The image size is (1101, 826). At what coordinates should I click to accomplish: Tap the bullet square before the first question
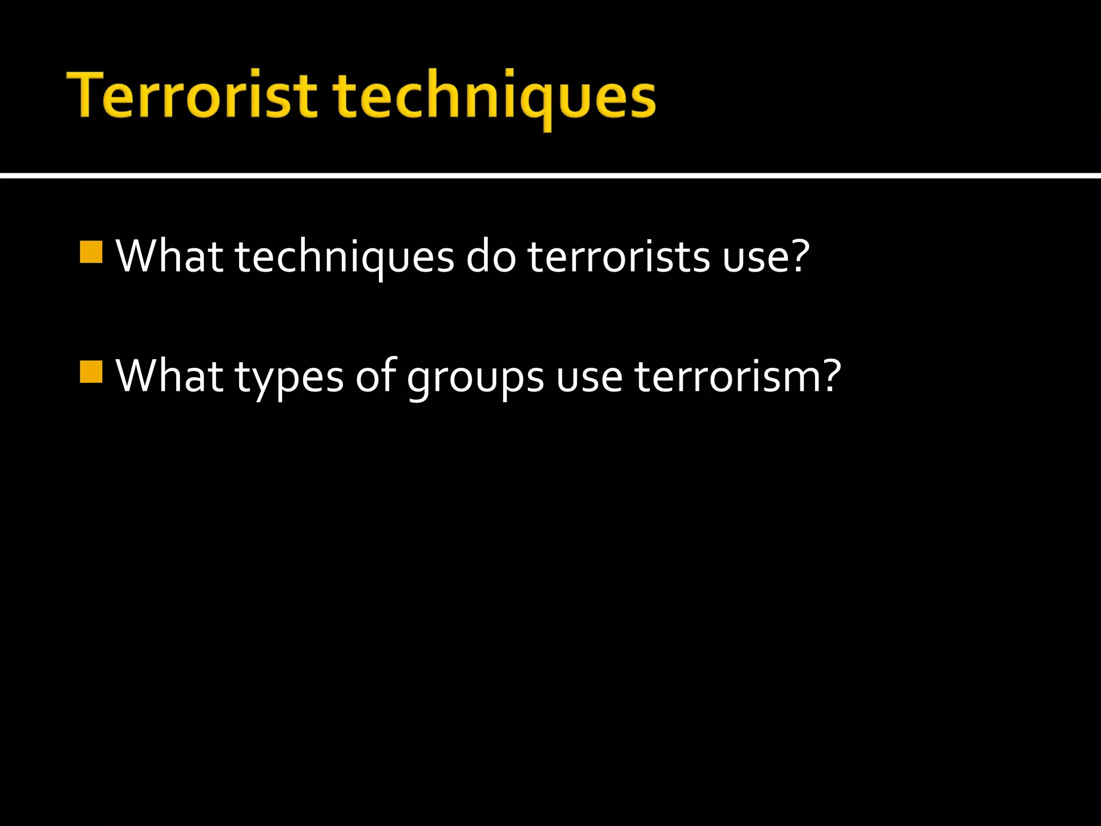coord(91,252)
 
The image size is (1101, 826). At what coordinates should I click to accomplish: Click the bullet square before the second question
coord(91,372)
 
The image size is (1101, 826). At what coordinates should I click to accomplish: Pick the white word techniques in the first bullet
coord(344,257)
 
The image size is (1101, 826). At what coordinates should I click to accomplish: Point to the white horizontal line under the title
coord(550,175)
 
